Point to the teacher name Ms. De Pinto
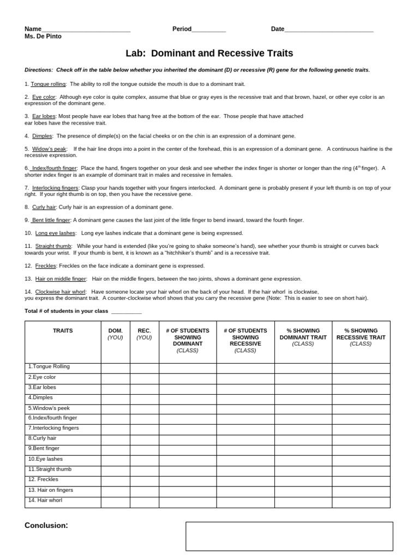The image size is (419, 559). (x=43, y=37)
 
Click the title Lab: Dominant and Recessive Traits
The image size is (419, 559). (x=209, y=53)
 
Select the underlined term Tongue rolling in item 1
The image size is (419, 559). (x=49, y=84)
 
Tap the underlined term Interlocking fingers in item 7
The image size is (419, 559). (x=55, y=188)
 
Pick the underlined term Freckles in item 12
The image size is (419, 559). (x=46, y=266)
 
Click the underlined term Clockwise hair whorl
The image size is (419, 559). (x=60, y=292)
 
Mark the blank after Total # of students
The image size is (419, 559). (x=126, y=312)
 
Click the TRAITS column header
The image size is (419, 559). (x=63, y=331)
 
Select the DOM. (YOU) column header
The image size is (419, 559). (x=115, y=334)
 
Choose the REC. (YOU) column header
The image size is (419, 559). (x=144, y=334)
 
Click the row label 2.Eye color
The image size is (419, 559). (x=42, y=377)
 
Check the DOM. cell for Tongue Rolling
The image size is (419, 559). (x=115, y=367)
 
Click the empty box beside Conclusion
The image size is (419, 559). (x=289, y=536)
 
